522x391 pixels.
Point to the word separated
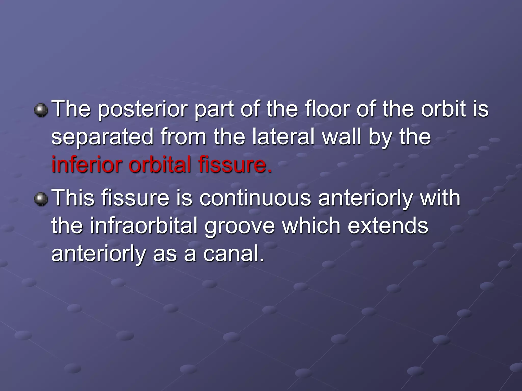point(102,137)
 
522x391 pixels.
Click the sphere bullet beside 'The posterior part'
point(41,110)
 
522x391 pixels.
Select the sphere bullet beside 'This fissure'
point(41,199)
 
